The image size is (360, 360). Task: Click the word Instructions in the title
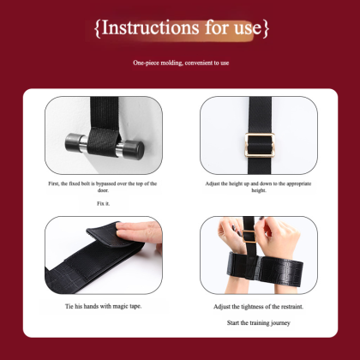150,27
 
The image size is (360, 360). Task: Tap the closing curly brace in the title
266,28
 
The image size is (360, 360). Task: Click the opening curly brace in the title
98,28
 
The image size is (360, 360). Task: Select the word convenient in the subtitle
198,63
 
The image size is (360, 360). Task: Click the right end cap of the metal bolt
134,149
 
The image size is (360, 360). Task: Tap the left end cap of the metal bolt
72,142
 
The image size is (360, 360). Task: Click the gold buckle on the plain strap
260,145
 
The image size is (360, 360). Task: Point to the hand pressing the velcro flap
140,232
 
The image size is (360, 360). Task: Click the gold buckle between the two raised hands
249,237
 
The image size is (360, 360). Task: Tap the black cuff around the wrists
265,269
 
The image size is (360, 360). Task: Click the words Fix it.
103,204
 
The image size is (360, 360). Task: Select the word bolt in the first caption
86,183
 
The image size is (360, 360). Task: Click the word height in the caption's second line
259,190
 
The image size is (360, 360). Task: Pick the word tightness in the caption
252,307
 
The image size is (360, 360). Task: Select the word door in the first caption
103,190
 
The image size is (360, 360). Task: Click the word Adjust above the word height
213,183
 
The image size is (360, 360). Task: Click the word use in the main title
248,28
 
